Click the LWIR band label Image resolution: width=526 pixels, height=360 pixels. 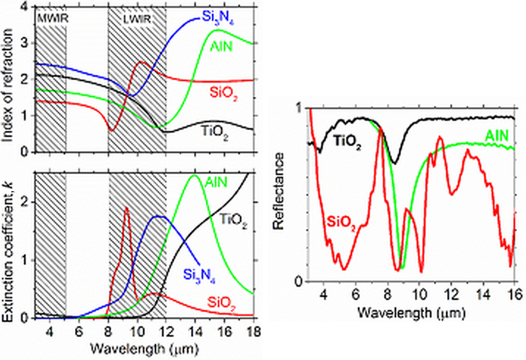point(137,19)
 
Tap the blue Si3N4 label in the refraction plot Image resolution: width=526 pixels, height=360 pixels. point(218,17)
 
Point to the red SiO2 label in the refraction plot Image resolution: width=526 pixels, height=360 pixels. point(224,92)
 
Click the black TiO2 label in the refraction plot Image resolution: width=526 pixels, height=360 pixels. point(214,132)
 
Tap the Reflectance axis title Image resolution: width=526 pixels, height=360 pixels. point(279,191)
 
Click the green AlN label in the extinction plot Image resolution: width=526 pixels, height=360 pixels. point(216,182)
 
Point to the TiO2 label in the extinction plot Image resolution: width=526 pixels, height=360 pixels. point(233,219)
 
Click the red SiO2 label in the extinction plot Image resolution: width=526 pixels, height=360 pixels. point(221,303)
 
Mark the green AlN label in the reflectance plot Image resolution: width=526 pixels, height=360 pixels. point(497,136)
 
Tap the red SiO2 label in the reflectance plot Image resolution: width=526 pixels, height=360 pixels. point(341,222)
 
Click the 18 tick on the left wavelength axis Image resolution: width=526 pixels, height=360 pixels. point(254,332)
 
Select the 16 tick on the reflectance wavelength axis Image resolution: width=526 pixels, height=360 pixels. point(514,295)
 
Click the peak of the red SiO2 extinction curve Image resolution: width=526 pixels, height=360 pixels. point(127,207)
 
